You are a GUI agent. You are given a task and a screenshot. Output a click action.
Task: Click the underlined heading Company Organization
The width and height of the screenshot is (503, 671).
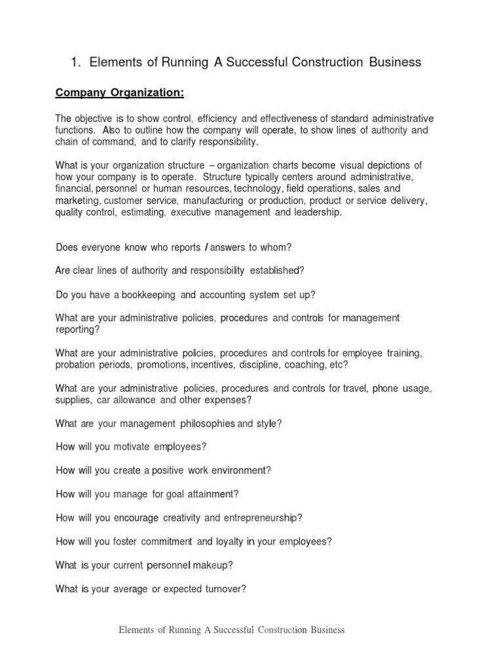point(120,93)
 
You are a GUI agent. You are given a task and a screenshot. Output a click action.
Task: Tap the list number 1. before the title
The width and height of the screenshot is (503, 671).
point(75,62)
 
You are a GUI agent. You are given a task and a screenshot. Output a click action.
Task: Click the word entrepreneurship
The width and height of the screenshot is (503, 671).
point(261,518)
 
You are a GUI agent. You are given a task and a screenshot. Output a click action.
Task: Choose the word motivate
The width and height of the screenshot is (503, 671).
point(129,447)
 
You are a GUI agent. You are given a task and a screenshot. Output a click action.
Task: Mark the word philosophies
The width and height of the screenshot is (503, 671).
point(202,423)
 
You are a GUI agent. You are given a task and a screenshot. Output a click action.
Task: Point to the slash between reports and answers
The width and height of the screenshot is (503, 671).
point(207,248)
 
